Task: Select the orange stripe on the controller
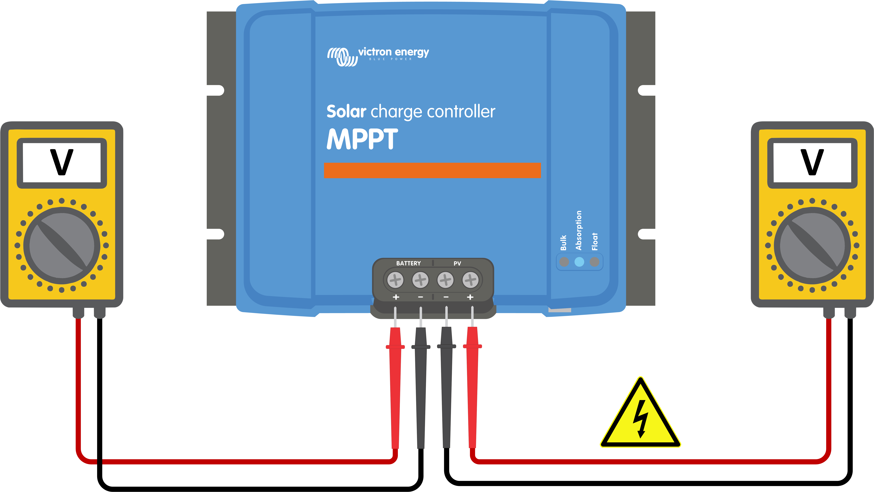pos(432,170)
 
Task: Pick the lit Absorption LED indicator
pos(579,262)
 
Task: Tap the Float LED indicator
pos(594,262)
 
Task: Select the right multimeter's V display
pos(812,163)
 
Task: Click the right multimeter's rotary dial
pos(812,246)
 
